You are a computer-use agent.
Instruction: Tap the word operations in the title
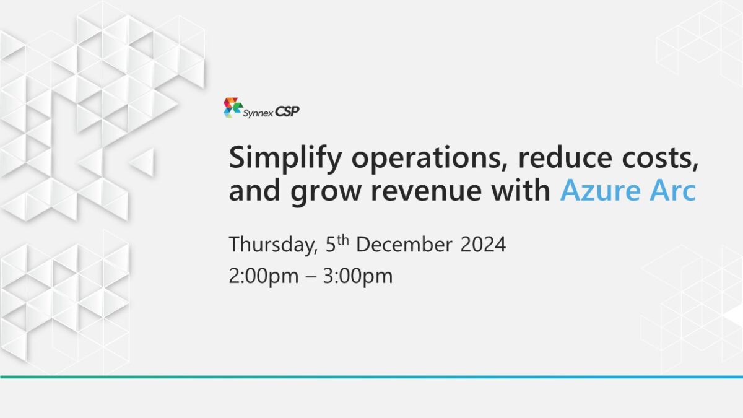pos(430,159)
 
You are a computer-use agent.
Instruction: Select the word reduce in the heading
pos(565,157)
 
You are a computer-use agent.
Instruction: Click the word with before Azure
pos(521,189)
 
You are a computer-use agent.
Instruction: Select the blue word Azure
pos(601,190)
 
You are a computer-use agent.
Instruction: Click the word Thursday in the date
pos(272,245)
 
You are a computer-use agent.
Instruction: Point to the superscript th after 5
pos(344,240)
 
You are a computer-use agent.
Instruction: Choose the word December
pos(404,245)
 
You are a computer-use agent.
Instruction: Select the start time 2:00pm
pos(264,277)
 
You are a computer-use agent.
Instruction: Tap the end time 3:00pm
pos(358,277)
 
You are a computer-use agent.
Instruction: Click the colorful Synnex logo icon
pos(232,108)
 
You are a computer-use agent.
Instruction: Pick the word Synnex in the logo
pos(258,113)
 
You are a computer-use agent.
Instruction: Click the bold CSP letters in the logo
pos(287,111)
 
